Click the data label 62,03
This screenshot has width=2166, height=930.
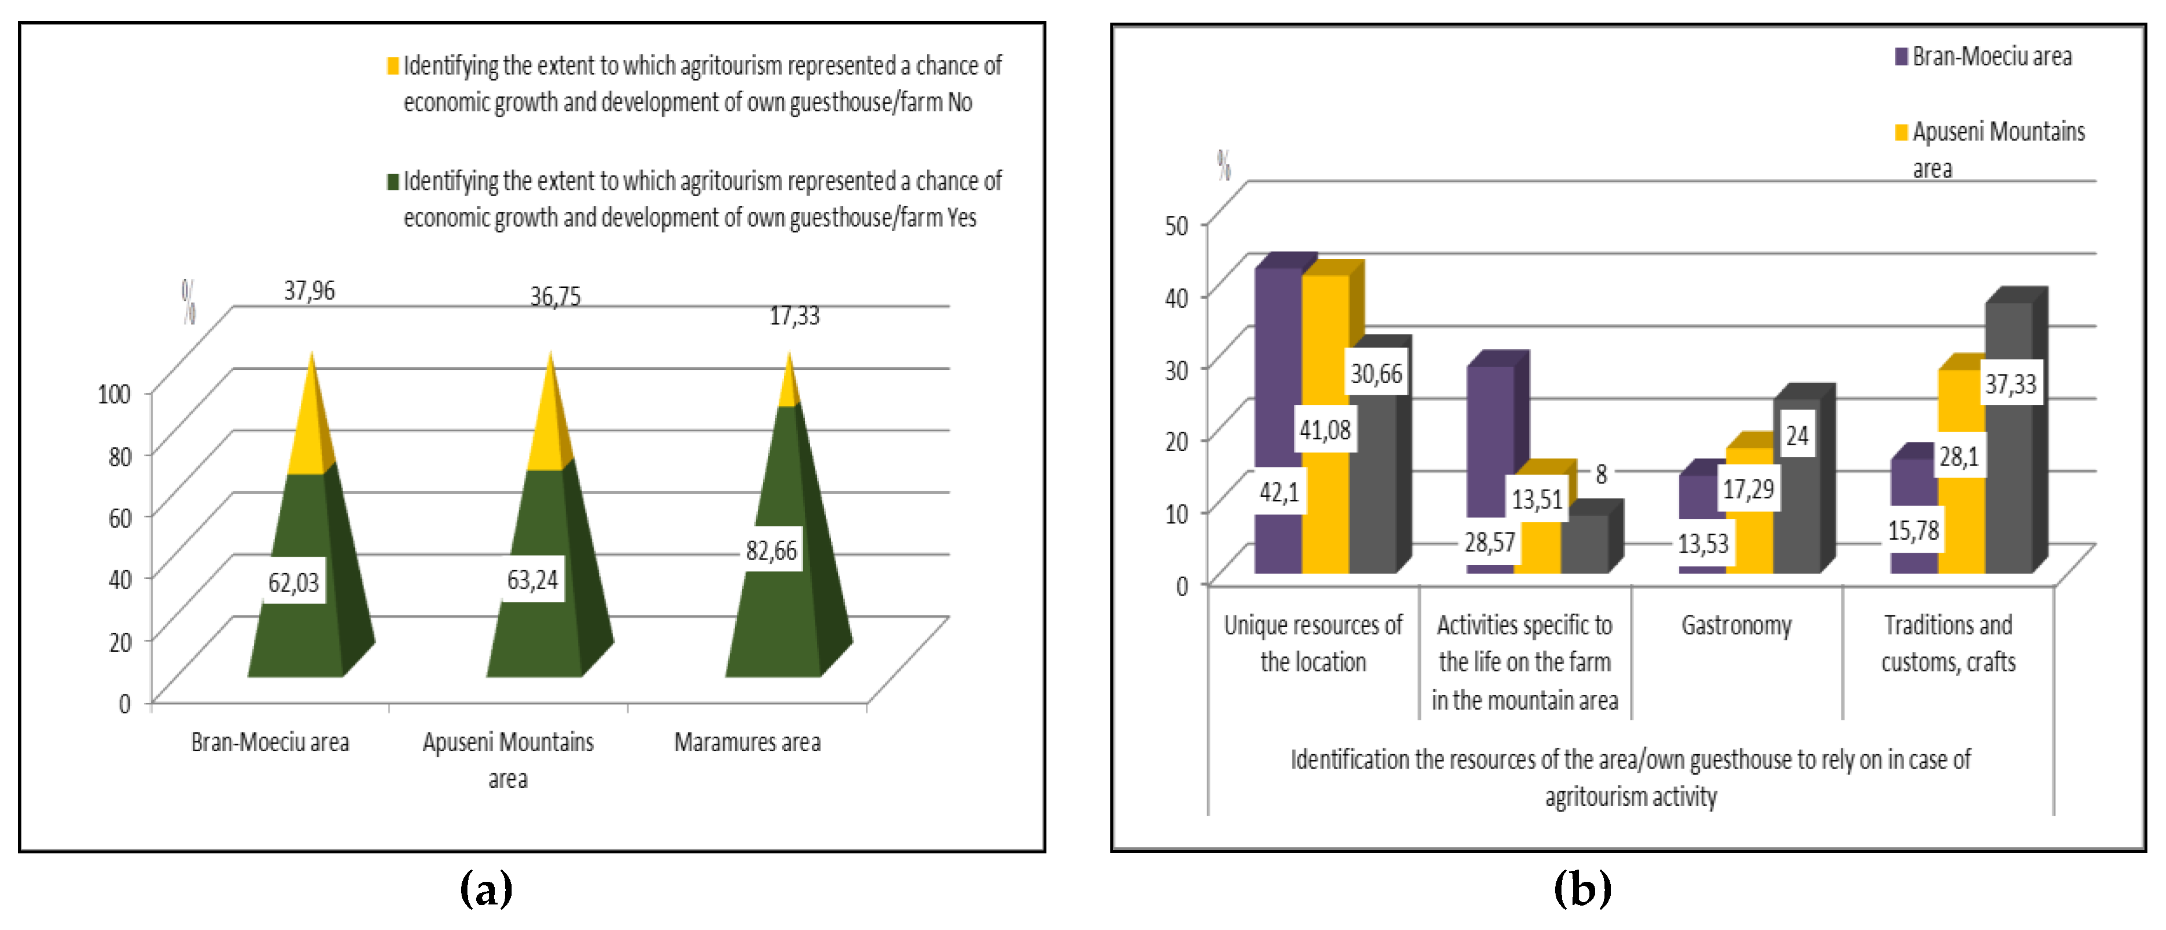click(x=293, y=582)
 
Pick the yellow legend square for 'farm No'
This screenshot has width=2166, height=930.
click(x=393, y=66)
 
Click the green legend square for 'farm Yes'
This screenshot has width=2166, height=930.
click(x=393, y=182)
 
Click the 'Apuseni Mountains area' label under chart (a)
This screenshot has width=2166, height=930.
click(x=508, y=759)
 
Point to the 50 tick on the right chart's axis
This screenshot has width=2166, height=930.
click(x=1176, y=225)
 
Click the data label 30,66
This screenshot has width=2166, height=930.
click(x=1376, y=373)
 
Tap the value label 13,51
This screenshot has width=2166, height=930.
click(x=1536, y=499)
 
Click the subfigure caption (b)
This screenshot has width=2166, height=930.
click(x=1582, y=889)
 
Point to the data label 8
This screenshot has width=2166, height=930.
click(x=1601, y=474)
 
